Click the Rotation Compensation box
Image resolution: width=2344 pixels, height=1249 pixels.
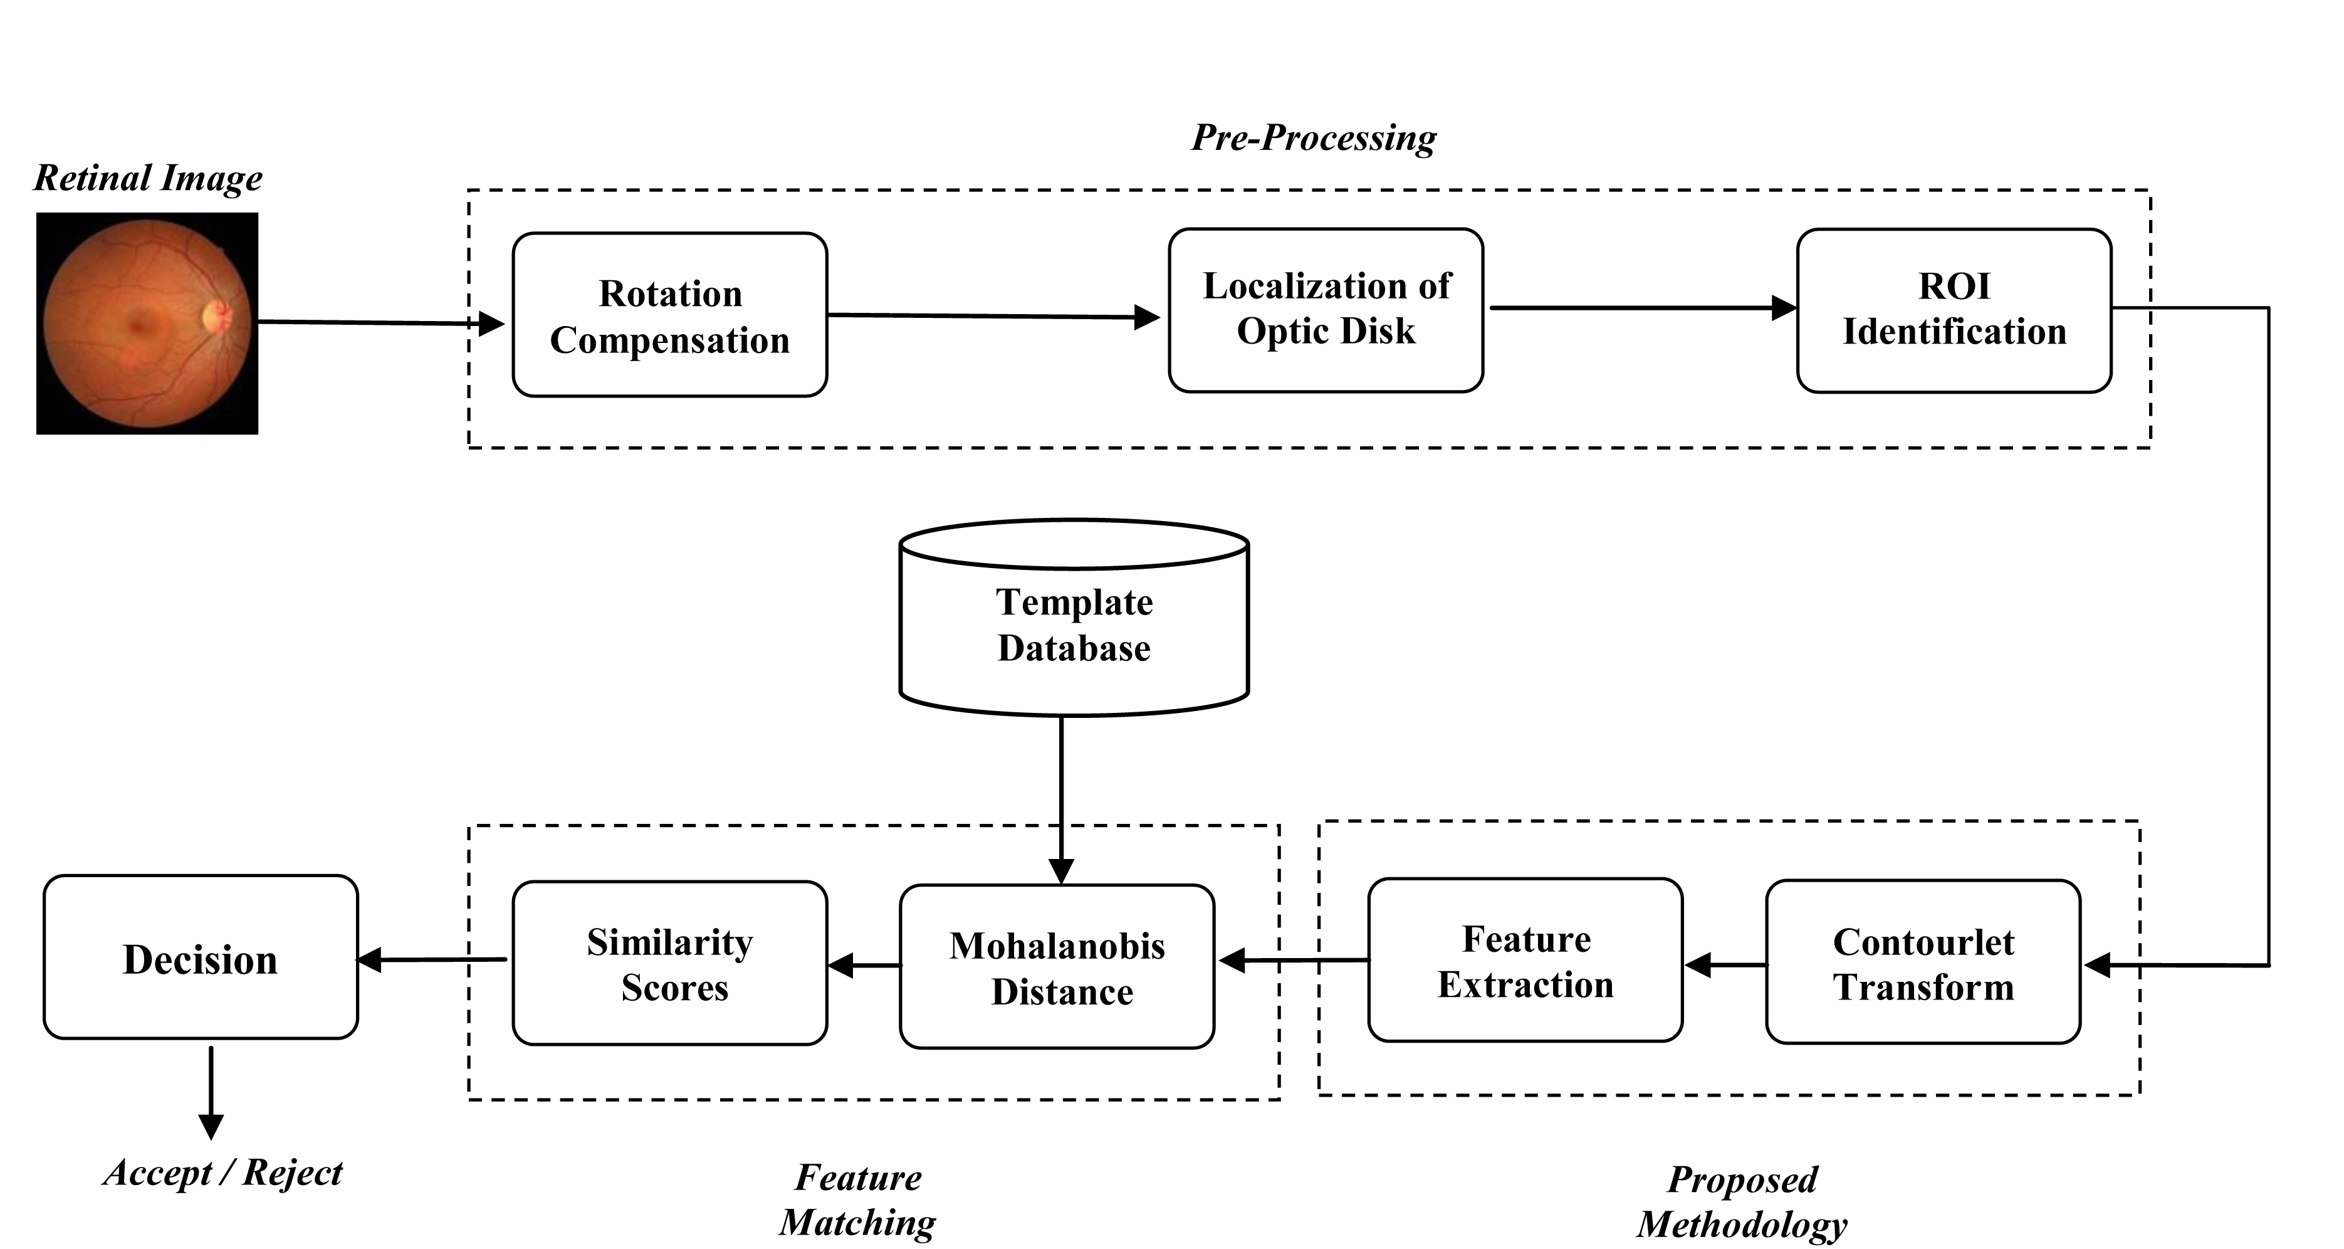tap(670, 315)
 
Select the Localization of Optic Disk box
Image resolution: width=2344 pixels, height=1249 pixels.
tap(1326, 310)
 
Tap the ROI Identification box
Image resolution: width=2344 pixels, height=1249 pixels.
tap(1954, 310)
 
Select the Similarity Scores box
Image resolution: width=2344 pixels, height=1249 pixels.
tap(670, 963)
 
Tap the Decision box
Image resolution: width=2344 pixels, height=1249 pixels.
tap(200, 957)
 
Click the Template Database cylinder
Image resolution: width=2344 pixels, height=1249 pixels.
tap(1074, 619)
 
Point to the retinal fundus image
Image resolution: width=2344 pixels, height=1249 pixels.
tap(147, 323)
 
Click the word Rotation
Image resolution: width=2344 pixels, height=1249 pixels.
tap(671, 294)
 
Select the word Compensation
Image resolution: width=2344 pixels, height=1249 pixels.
tap(670, 340)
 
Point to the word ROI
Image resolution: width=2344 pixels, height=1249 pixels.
tap(1954, 287)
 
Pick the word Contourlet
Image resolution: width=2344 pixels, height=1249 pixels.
tap(1923, 942)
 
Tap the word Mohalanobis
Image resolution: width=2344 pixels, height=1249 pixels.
tap(1057, 947)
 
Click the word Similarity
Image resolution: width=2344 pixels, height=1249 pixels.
tap(670, 943)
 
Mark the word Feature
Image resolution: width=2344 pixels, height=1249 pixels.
tap(1526, 939)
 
